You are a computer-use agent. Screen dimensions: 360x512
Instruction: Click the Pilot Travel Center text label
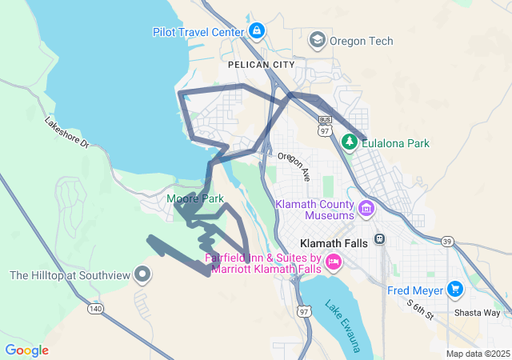tap(198, 32)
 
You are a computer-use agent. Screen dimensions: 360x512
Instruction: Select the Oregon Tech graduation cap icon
tap(317, 39)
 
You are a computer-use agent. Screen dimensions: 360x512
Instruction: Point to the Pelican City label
tap(261, 64)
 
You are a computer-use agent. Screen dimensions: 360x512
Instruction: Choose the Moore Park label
tap(195, 198)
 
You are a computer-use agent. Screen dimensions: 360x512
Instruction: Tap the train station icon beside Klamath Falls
tap(379, 240)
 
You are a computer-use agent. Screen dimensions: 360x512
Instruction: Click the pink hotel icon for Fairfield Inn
tap(333, 261)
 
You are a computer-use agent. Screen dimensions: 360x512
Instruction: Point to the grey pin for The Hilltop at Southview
tap(143, 275)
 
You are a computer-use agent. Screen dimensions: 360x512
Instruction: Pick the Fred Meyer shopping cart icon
tap(455, 289)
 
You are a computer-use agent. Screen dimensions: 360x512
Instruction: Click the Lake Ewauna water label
tap(346, 324)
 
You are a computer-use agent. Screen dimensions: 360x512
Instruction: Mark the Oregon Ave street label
tap(294, 165)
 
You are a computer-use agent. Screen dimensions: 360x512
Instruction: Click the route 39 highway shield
tap(448, 241)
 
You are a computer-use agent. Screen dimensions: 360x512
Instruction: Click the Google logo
tap(26, 350)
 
